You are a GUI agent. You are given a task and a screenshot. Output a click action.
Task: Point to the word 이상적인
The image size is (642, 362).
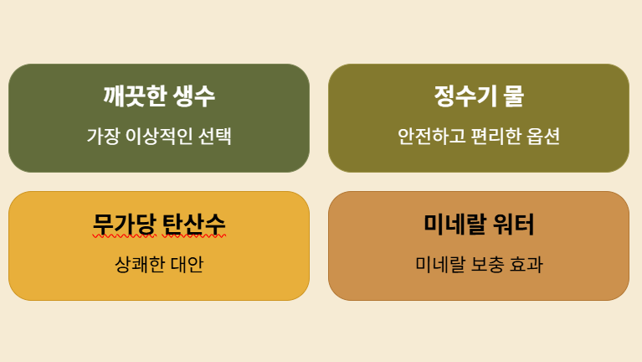(x=157, y=136)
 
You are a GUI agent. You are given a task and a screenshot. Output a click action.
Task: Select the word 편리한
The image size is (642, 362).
(x=488, y=136)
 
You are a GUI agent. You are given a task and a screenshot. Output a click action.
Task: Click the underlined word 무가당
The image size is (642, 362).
(x=120, y=225)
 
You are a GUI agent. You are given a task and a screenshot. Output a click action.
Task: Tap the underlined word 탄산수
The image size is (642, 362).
(x=195, y=225)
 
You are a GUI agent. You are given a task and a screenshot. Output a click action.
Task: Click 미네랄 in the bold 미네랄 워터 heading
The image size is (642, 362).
(x=455, y=225)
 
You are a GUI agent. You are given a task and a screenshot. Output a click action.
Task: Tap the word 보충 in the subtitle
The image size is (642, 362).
(x=487, y=265)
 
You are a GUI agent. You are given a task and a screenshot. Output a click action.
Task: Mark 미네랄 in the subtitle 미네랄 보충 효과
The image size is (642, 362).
(x=439, y=265)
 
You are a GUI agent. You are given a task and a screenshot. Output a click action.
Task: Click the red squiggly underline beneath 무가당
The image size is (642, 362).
(x=120, y=237)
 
